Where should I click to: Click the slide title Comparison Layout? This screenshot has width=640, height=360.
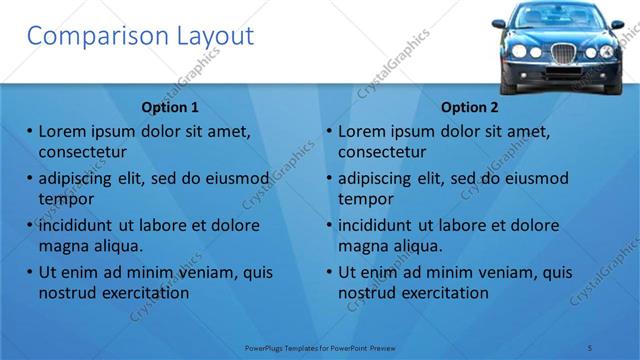[x=139, y=36]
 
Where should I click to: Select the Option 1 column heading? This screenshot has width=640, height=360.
[x=171, y=107]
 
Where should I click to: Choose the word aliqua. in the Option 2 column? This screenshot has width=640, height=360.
[x=418, y=246]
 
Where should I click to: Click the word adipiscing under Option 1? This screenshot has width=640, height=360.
[x=80, y=179]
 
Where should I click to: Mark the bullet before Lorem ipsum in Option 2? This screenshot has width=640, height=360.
[x=329, y=132]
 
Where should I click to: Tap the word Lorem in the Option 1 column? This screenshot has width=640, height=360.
[x=61, y=131]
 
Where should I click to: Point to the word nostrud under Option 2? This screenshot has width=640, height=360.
[x=367, y=293]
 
